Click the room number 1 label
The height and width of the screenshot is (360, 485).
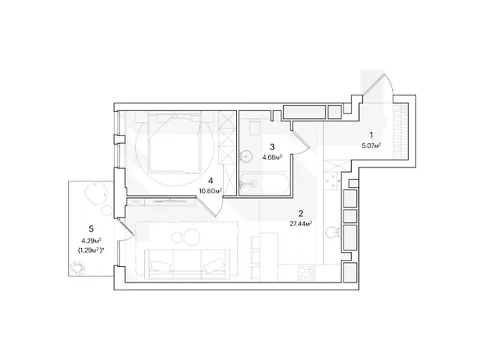[x=372, y=135]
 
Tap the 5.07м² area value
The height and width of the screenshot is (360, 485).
[x=371, y=145]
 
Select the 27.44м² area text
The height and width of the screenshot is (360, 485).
[x=300, y=224]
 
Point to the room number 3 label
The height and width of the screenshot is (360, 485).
[x=272, y=146]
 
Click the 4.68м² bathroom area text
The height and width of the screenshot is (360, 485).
[x=272, y=157]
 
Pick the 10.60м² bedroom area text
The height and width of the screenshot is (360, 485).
[x=210, y=191]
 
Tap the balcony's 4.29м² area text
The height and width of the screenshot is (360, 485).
[x=92, y=240]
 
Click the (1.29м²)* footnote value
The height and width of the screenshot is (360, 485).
[x=92, y=250]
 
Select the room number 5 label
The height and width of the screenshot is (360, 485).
[x=91, y=229]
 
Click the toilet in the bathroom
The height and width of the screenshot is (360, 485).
[x=255, y=128]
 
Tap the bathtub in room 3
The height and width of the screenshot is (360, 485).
[x=264, y=184]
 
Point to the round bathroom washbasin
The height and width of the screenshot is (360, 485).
[x=246, y=156]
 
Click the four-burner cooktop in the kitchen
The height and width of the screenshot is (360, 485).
[x=307, y=273]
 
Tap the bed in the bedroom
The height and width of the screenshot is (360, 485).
[x=174, y=143]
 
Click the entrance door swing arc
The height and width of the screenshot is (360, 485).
[x=378, y=85]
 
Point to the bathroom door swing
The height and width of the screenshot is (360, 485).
[x=300, y=142]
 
